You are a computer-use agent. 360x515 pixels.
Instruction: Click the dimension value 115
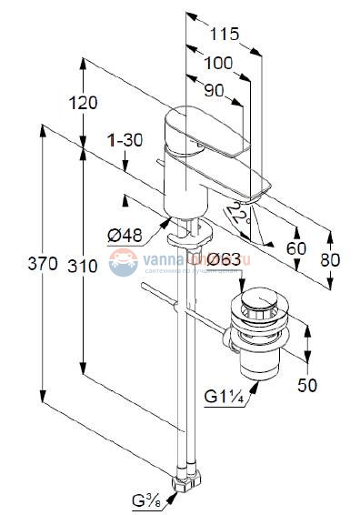222,34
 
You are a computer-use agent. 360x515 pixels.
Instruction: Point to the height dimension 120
83,103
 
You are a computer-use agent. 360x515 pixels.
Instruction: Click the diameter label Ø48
125,237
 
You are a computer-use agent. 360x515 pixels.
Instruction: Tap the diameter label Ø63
223,262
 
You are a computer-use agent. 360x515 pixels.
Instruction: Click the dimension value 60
296,247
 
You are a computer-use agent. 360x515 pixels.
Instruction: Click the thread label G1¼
223,395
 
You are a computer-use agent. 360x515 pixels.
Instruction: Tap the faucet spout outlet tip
255,191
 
